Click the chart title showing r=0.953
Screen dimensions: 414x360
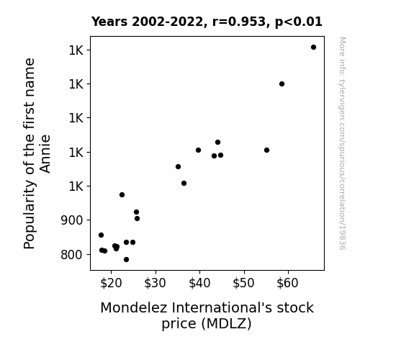(x=207, y=22)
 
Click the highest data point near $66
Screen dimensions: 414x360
(x=313, y=48)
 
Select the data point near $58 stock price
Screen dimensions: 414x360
(x=282, y=84)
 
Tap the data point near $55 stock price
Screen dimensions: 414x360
(x=266, y=150)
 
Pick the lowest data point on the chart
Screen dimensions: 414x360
(x=126, y=260)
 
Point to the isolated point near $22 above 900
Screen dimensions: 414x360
(x=122, y=194)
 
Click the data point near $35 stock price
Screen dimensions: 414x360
(x=179, y=166)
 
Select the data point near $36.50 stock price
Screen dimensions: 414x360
(x=184, y=184)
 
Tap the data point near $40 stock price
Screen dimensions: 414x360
(x=198, y=150)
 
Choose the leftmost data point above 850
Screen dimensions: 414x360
(x=101, y=235)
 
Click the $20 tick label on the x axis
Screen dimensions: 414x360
(x=111, y=283)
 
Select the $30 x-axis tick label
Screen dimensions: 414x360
(x=155, y=283)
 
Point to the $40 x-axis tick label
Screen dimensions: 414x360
(x=199, y=283)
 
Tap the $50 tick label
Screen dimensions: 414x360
(x=243, y=283)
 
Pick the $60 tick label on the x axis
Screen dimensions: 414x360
(x=287, y=283)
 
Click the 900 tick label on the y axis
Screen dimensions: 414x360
(x=72, y=220)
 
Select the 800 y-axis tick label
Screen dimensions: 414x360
(x=72, y=255)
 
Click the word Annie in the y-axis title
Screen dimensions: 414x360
(x=45, y=153)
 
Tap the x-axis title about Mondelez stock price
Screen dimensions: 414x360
(x=207, y=315)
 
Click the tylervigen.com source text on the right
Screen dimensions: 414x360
(x=342, y=143)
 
